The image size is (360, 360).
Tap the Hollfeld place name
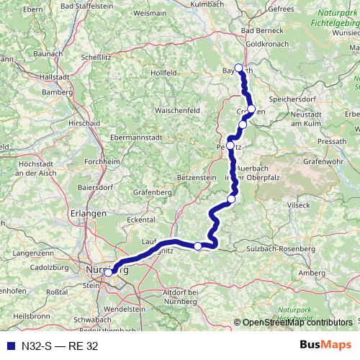(x=165, y=73)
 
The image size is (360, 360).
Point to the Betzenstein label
(x=196, y=177)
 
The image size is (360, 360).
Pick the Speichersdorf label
(x=293, y=101)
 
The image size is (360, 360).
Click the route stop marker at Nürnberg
(x=108, y=272)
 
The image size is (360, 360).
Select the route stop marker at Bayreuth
(x=238, y=68)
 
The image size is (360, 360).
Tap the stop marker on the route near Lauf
(x=198, y=246)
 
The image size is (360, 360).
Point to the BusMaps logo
(x=326, y=345)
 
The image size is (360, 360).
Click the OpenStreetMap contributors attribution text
(x=297, y=323)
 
